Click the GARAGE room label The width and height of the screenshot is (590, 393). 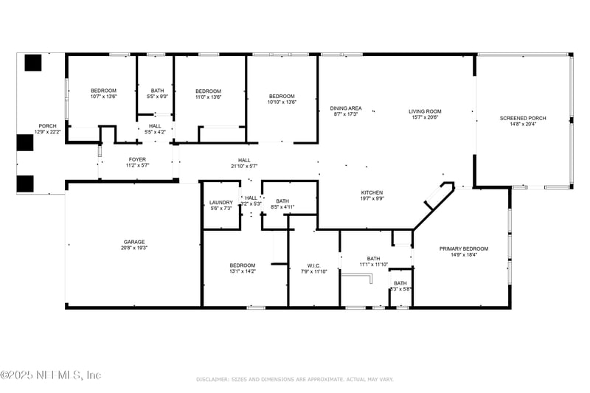pyautogui.click(x=133, y=242)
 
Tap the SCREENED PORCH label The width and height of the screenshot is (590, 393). pyautogui.click(x=522, y=118)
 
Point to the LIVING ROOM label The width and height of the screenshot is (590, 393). pyautogui.click(x=423, y=112)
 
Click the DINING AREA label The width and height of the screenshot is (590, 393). pyautogui.click(x=345, y=108)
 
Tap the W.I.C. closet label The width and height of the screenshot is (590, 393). pyautogui.click(x=313, y=265)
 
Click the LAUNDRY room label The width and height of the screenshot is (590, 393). pyautogui.click(x=221, y=203)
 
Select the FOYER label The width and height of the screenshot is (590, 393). pyautogui.click(x=137, y=159)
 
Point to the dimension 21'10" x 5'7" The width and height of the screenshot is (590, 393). pyautogui.click(x=244, y=166)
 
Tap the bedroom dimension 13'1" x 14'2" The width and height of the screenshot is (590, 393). pyautogui.click(x=242, y=271)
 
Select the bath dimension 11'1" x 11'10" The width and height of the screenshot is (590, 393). pyautogui.click(x=373, y=264)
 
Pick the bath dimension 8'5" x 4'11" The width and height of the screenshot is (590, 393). pyautogui.click(x=282, y=207)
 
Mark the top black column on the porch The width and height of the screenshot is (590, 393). pyautogui.click(x=33, y=63)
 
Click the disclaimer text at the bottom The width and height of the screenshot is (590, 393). pyautogui.click(x=295, y=379)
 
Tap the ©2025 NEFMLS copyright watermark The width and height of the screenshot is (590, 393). pyautogui.click(x=51, y=375)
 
